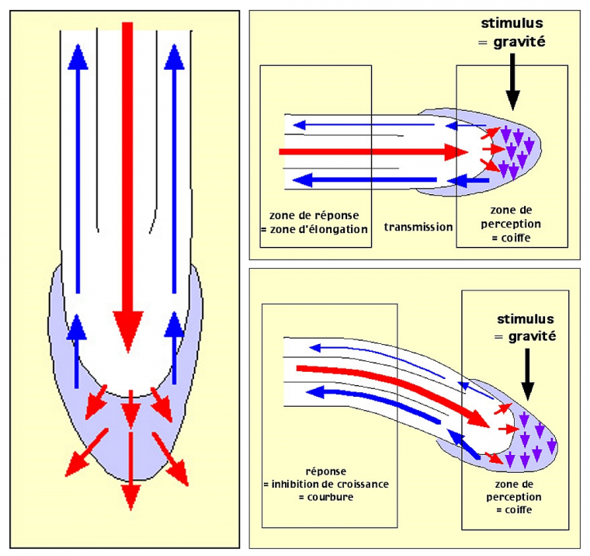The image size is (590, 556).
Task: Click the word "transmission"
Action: click(x=418, y=228)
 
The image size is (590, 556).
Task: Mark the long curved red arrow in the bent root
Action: click(x=396, y=388)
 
